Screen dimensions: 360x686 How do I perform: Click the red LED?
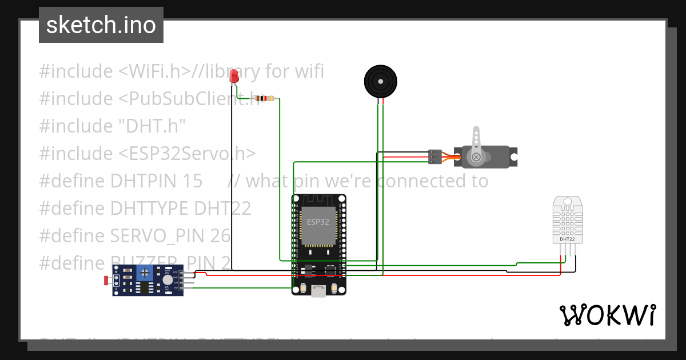click(x=233, y=77)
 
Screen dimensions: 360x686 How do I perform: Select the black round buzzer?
click(x=380, y=82)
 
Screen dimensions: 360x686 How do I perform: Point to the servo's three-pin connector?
click(x=435, y=156)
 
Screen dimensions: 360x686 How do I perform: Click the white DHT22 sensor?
click(x=568, y=220)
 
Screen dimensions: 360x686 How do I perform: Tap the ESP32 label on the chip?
click(x=318, y=222)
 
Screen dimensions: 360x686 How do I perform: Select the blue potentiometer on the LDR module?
click(x=146, y=273)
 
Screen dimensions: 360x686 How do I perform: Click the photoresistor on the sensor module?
click(x=107, y=280)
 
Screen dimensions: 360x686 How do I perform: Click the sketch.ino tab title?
click(x=101, y=25)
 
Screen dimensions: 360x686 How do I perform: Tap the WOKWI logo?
click(x=607, y=315)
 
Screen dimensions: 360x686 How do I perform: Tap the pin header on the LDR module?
click(x=186, y=281)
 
